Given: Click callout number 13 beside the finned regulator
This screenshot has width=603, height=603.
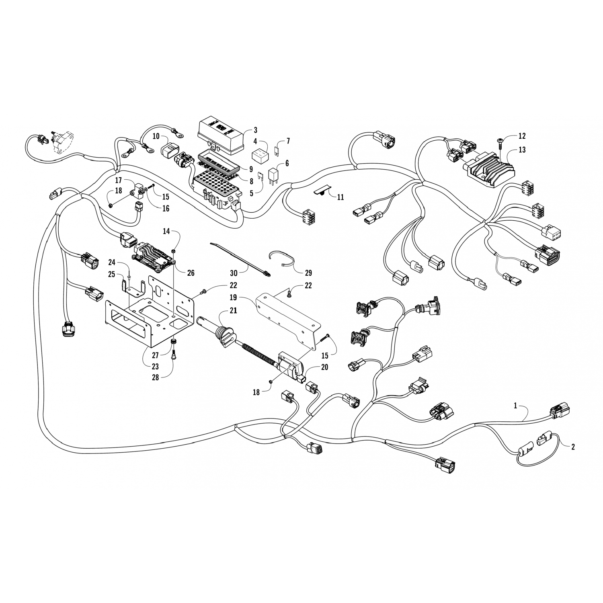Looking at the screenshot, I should click(522, 150).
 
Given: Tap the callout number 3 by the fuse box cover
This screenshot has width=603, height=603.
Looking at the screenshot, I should click(255, 130).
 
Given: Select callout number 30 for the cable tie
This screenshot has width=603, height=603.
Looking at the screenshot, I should click(234, 273).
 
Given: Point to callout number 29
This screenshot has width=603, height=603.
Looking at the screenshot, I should click(308, 273).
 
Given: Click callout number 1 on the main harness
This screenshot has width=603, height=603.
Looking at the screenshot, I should click(515, 406).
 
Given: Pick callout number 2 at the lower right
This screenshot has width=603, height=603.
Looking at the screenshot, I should click(573, 447).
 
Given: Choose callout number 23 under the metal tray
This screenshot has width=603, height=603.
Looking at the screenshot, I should click(155, 367).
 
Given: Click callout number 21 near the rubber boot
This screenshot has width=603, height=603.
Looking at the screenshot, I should click(233, 311).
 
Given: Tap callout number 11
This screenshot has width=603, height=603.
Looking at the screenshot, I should click(340, 197).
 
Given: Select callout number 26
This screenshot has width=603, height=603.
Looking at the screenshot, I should click(191, 273).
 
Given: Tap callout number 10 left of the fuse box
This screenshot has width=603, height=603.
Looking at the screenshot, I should click(156, 136).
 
